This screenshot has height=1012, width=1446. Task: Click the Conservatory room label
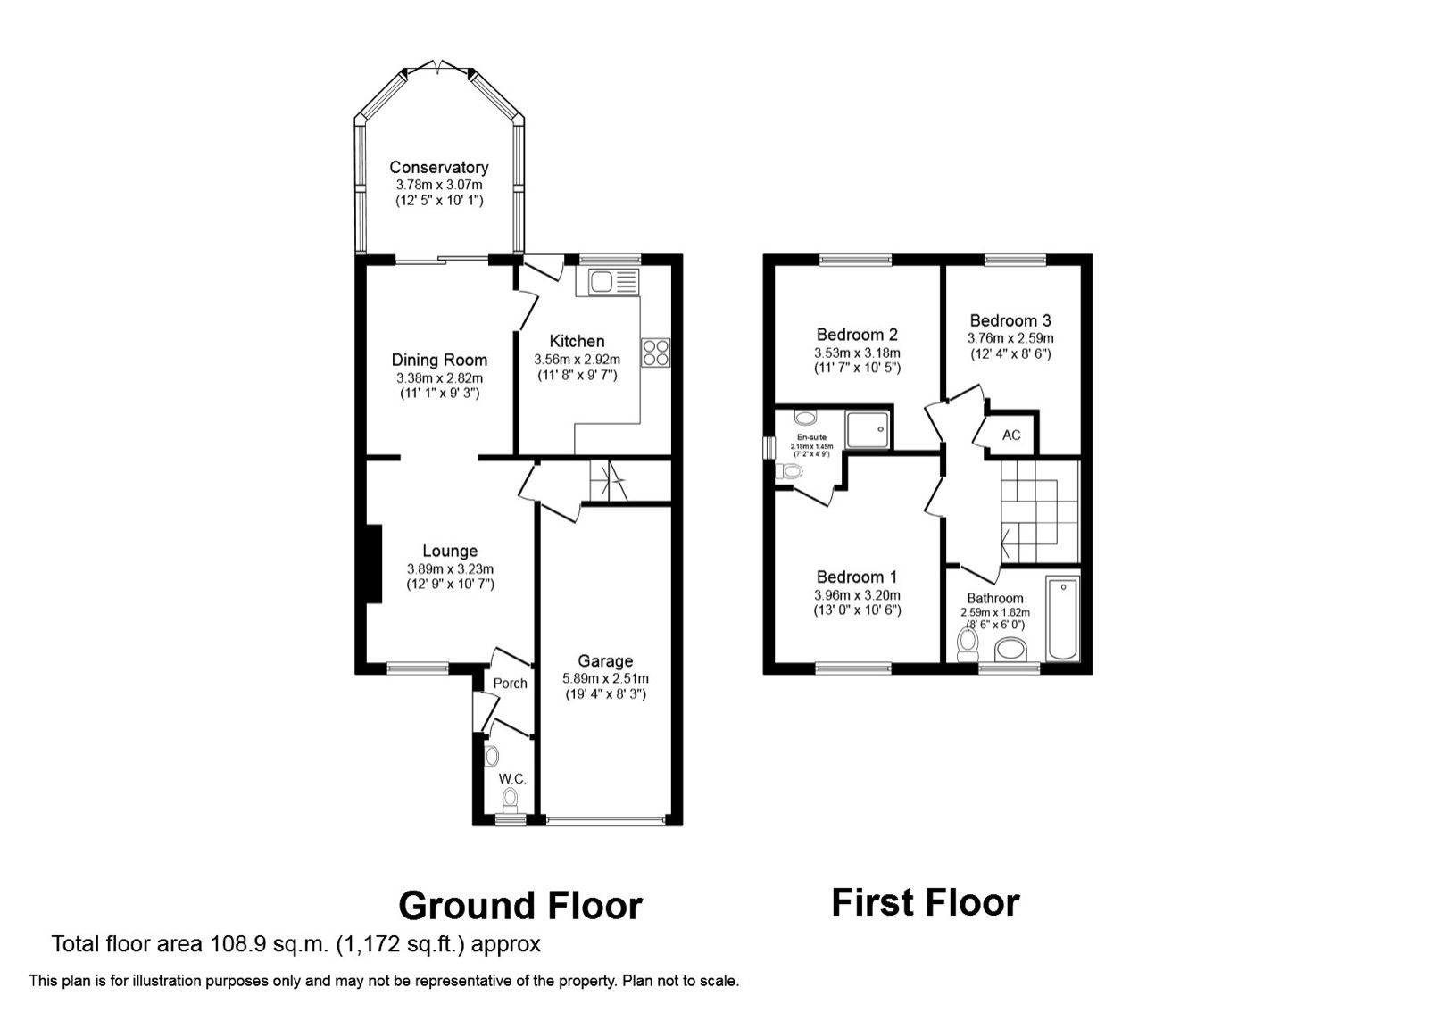(x=438, y=168)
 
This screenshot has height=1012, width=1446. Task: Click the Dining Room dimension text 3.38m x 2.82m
(x=439, y=378)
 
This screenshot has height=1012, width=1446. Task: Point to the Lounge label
(x=450, y=552)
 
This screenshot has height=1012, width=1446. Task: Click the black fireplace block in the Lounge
(x=372, y=565)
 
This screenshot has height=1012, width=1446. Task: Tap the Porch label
(x=510, y=684)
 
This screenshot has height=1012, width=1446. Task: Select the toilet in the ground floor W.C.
(x=510, y=798)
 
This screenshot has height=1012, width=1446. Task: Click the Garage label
(x=605, y=661)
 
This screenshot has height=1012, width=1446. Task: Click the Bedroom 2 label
(x=857, y=335)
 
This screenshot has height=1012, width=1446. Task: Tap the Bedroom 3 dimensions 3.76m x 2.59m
(x=1010, y=339)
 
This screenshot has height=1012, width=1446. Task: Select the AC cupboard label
(x=1011, y=435)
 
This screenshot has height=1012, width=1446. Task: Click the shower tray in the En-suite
(x=868, y=429)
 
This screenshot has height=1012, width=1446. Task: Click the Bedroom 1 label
(x=857, y=577)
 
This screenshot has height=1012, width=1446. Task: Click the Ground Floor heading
(x=519, y=906)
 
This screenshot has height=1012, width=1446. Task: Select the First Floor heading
(x=925, y=903)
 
